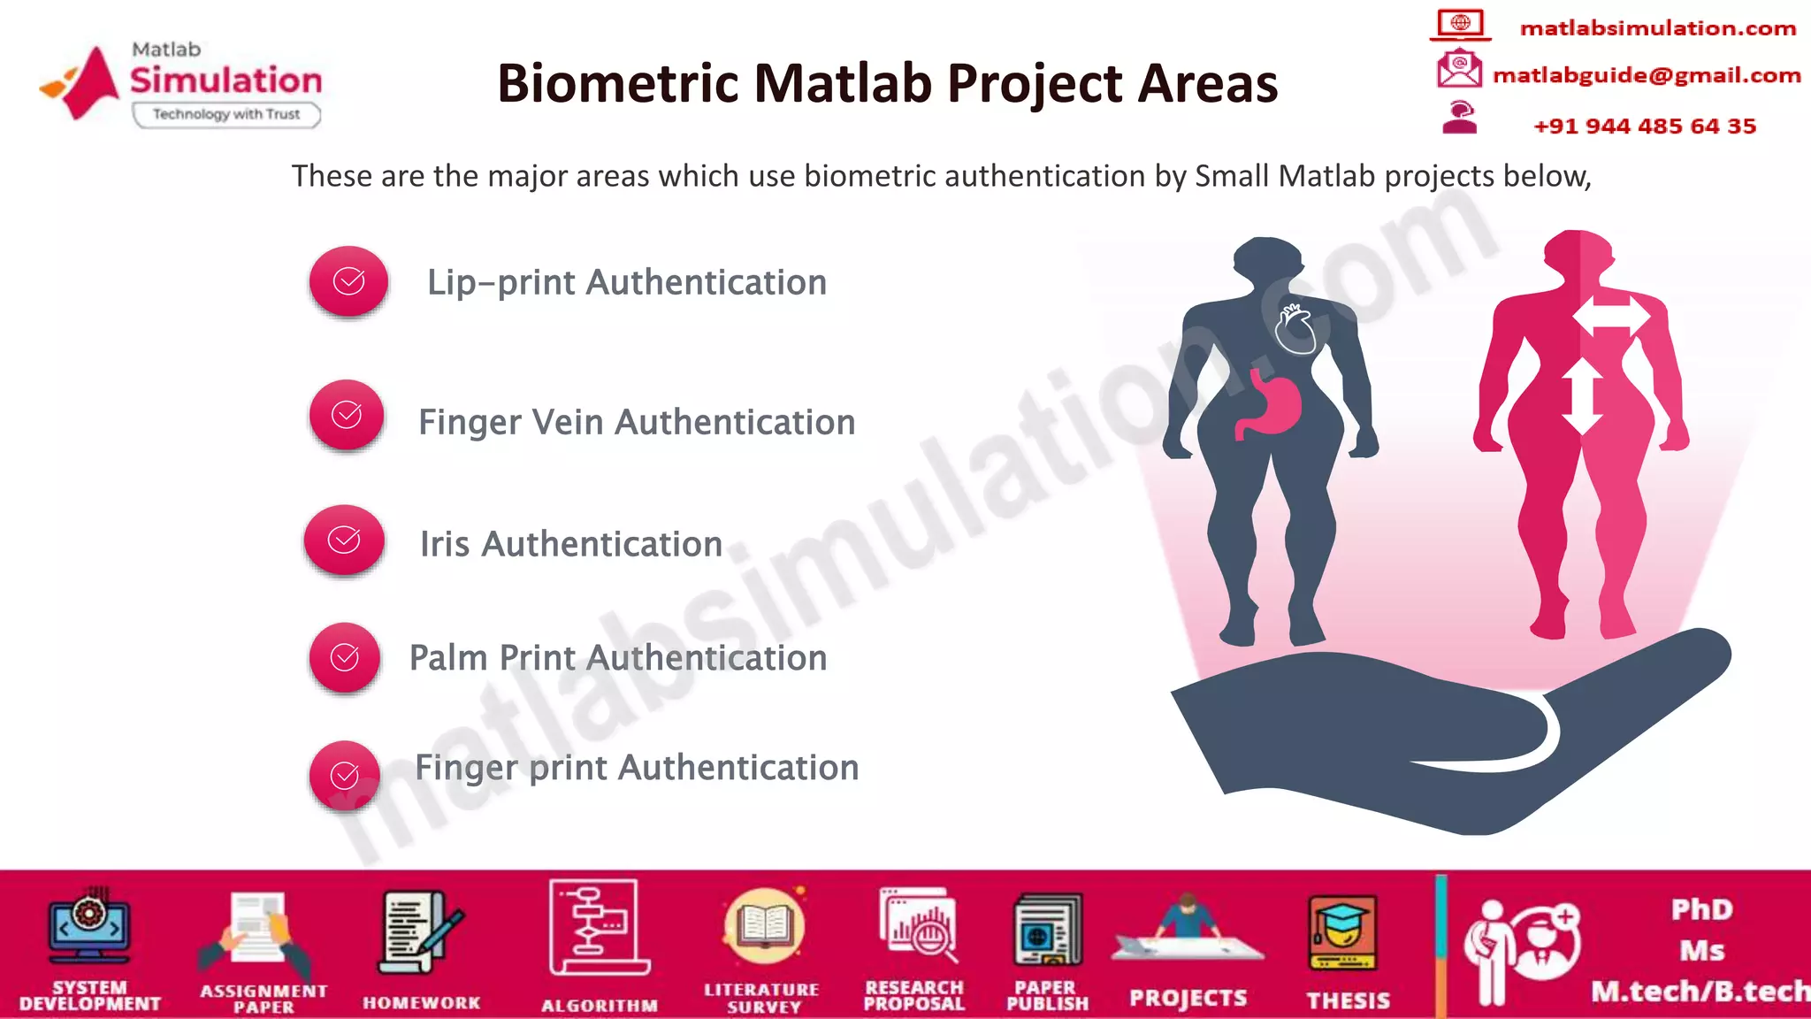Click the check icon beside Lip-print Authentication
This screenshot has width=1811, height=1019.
pyautogui.click(x=348, y=281)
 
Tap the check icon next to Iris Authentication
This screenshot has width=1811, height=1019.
pyautogui.click(x=344, y=540)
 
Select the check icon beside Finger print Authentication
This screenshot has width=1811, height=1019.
pyautogui.click(x=345, y=775)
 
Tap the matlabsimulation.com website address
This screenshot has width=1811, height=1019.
pyautogui.click(x=1658, y=28)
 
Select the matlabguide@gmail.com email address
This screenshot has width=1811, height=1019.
pyautogui.click(x=1647, y=75)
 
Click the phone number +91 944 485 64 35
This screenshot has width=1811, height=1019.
pyautogui.click(x=1645, y=126)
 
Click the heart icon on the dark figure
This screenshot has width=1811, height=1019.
pyautogui.click(x=1295, y=328)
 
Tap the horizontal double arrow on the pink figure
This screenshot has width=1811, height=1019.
pyautogui.click(x=1611, y=316)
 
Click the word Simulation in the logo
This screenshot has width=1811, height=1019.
pyautogui.click(x=226, y=80)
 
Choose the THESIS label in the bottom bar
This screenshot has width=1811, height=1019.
pyautogui.click(x=1349, y=1000)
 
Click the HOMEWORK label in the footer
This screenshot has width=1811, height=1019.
pyautogui.click(x=422, y=1002)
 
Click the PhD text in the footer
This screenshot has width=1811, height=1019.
pyautogui.click(x=1702, y=909)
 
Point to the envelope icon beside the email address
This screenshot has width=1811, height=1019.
pyautogui.click(x=1459, y=69)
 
